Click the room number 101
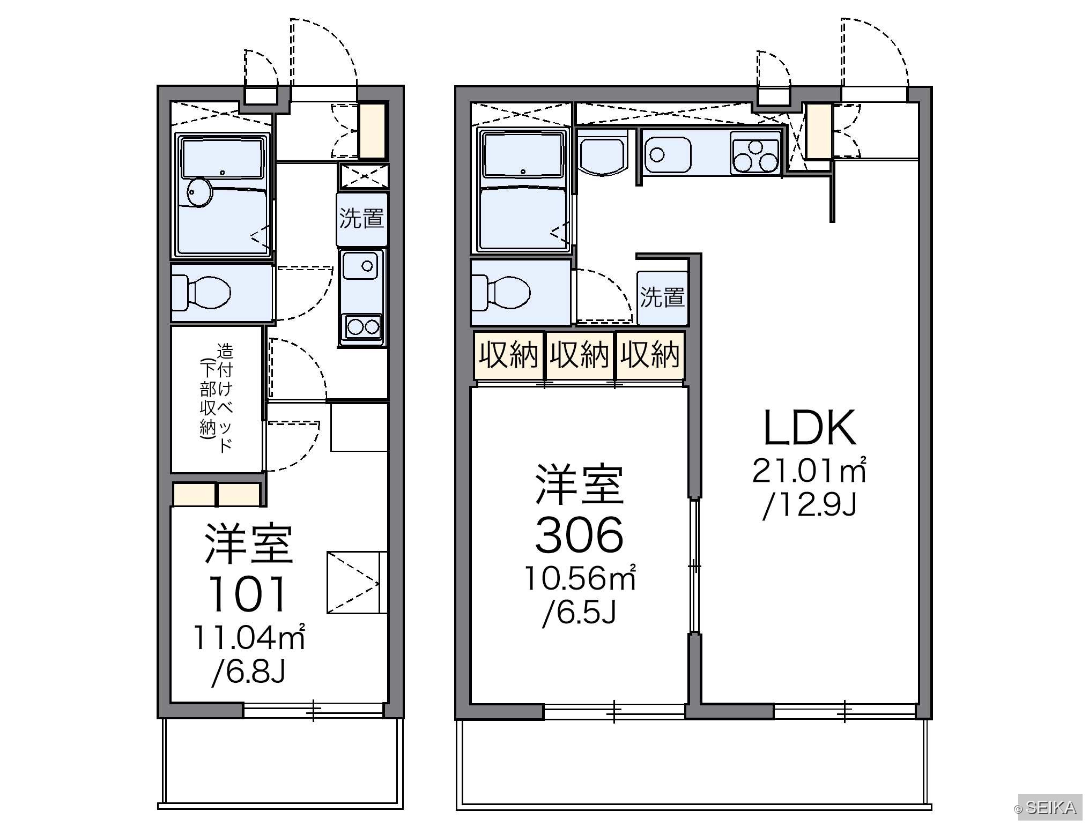pos(248,594)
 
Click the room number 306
pos(579,534)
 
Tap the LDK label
pos(809,428)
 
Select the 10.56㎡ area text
pos(580,578)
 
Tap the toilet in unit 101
pos(201,293)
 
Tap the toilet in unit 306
pos(501,293)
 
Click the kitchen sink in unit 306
pos(668,154)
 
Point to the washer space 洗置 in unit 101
pos(362,219)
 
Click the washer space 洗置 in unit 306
pos(662,297)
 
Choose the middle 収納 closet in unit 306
pos(580,355)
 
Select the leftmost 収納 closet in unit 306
pos(508,355)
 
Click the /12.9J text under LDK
pos(809,505)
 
